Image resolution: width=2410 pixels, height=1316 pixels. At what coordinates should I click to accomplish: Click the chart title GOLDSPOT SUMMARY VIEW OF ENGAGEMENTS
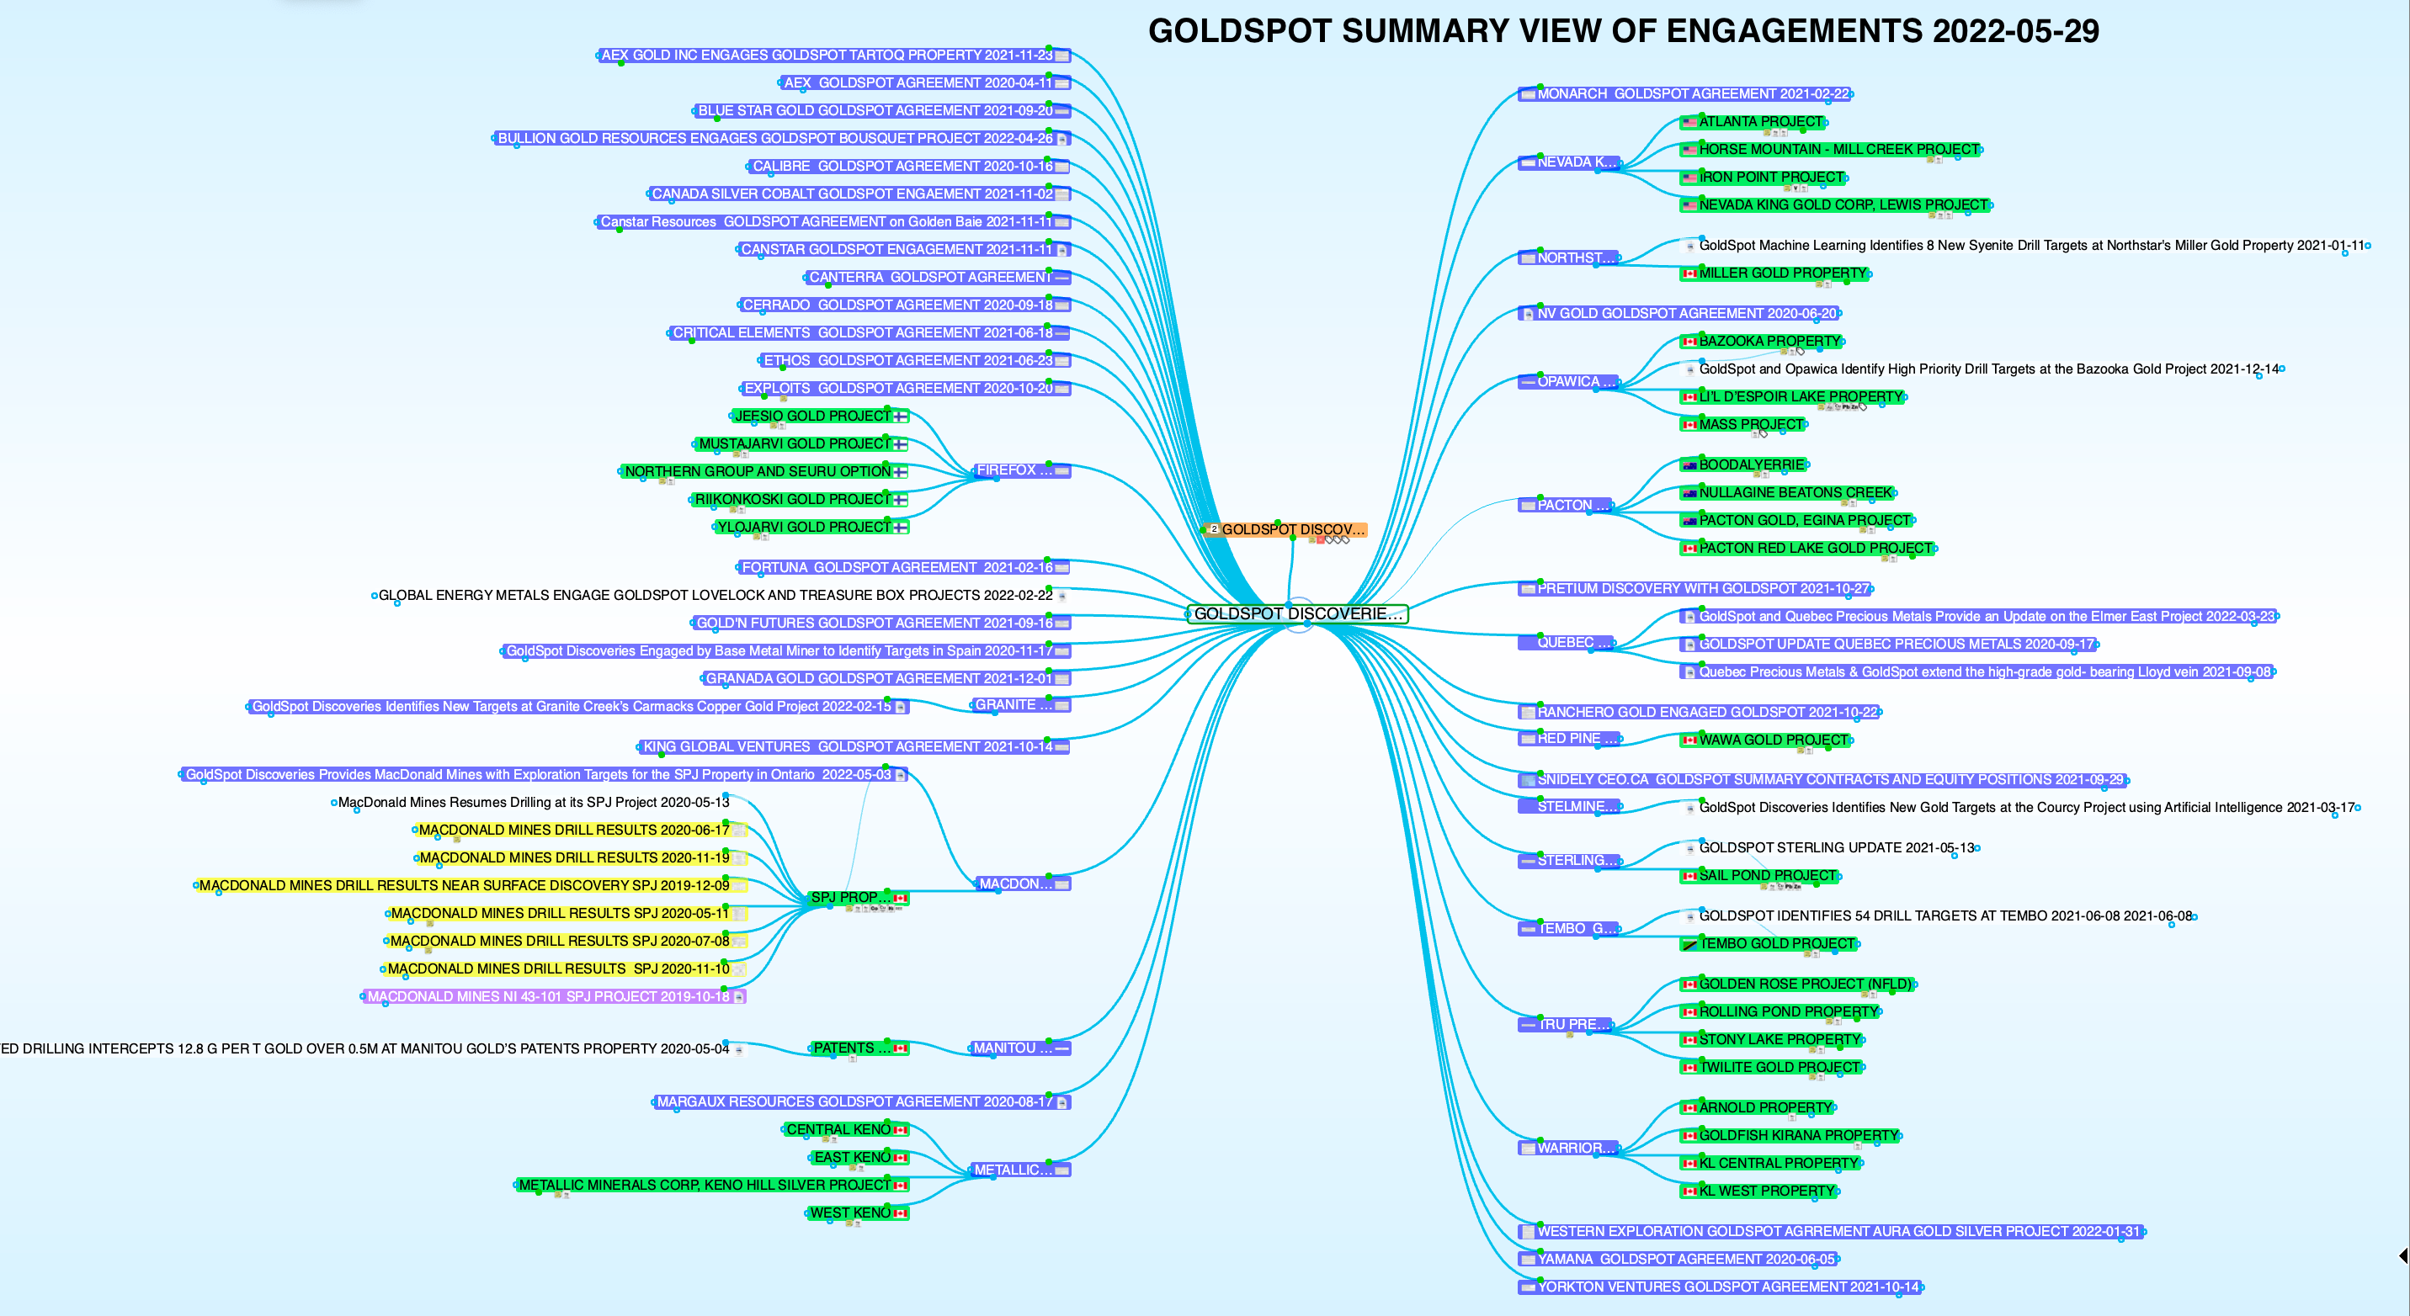1622,32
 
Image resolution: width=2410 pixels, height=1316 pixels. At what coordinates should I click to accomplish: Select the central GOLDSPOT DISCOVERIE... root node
1298,613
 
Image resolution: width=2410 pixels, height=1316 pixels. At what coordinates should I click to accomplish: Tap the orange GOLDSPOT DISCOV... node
1292,529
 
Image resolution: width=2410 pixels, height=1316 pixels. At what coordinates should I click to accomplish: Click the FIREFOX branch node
1013,470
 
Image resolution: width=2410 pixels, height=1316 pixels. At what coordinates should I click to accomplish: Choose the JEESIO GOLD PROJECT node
812,417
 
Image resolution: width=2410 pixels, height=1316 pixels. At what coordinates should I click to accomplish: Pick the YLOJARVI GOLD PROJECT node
804,528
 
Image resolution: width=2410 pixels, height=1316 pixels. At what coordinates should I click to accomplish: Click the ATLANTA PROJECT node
1760,122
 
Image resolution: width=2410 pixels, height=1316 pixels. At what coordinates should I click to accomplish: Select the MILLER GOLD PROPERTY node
1781,273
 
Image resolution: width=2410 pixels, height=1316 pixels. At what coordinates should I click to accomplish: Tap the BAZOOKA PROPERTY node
1769,342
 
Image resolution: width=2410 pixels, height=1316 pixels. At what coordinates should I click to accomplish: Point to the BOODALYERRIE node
1750,464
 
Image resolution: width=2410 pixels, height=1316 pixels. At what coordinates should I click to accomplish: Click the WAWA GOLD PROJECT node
1773,740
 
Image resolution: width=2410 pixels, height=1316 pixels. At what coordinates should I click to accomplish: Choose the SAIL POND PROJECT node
1766,875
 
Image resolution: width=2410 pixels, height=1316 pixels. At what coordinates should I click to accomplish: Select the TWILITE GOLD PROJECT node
1779,1067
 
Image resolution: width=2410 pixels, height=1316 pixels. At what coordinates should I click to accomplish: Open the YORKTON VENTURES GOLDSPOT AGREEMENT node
1727,1287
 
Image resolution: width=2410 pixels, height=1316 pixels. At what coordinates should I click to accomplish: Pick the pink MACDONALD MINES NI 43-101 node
548,997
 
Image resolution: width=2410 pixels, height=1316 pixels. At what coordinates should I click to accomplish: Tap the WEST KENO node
850,1213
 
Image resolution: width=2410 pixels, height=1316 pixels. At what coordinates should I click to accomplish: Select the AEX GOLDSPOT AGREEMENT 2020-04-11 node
917,83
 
